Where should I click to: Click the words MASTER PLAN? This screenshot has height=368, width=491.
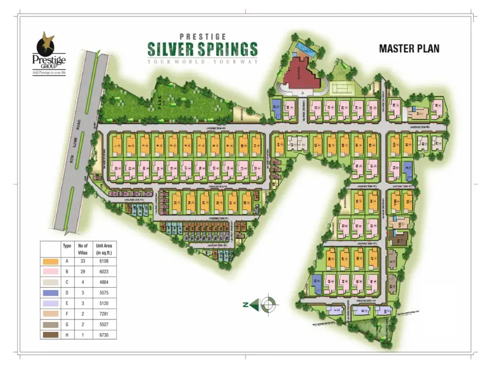point(409,48)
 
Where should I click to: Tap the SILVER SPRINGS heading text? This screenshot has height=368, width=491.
point(202,48)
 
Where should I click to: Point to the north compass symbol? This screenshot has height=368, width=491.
point(268,303)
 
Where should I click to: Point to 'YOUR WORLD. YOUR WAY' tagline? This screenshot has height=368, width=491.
point(202,61)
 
